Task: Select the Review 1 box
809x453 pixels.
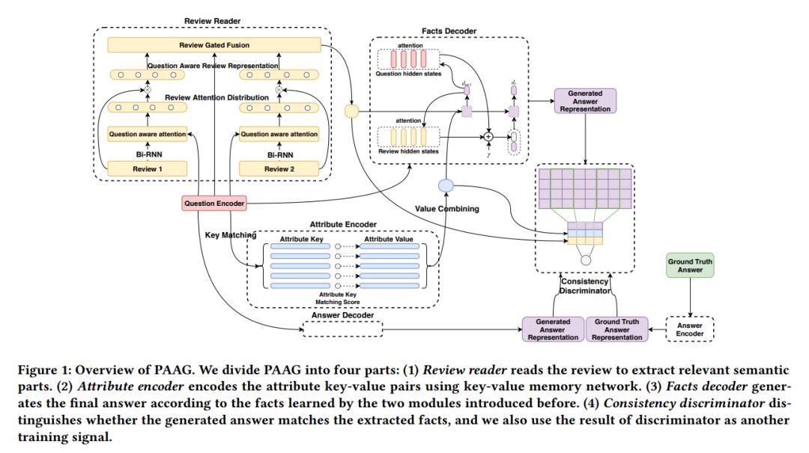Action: (147, 169)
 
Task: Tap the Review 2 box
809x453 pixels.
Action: (279, 169)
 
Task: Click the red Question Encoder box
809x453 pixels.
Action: (213, 202)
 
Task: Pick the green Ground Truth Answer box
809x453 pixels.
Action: (690, 265)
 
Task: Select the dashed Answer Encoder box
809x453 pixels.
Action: (690, 329)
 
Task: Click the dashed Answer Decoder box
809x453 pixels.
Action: (341, 328)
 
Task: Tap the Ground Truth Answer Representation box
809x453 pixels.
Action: (617, 329)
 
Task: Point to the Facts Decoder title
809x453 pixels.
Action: (449, 31)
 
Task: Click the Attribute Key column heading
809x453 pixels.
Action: (300, 239)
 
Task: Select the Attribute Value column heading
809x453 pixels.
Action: (392, 239)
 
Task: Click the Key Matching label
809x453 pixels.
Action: (231, 235)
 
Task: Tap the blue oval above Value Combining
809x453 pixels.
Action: (446, 185)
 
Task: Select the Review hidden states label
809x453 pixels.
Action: (408, 152)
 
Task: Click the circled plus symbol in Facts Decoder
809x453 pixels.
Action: (488, 137)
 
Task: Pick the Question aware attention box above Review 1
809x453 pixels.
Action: (147, 134)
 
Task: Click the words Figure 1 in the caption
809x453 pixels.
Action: (41, 371)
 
